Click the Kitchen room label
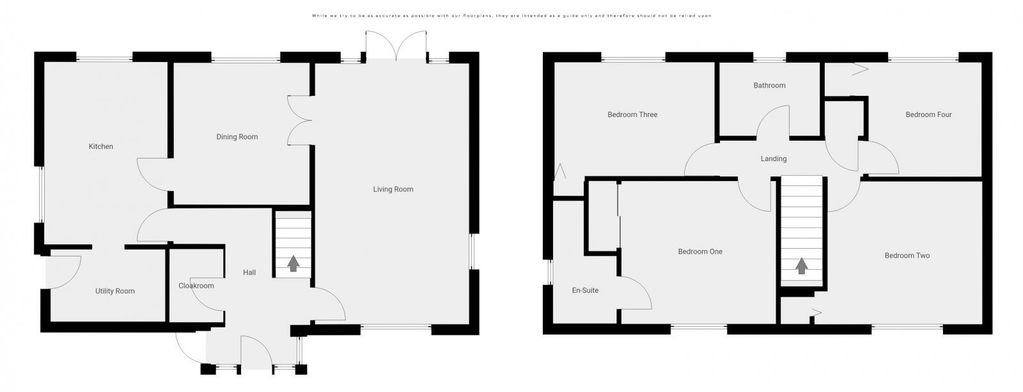click(101, 146)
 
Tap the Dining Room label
click(237, 137)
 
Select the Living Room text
click(393, 189)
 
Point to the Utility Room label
click(115, 291)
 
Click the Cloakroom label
click(196, 286)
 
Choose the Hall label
click(249, 272)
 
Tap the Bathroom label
click(769, 85)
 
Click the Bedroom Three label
click(632, 115)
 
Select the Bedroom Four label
click(928, 115)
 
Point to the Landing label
click(774, 159)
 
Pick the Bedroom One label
click(700, 252)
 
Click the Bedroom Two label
click(907, 256)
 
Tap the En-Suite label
click(585, 290)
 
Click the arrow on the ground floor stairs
click(293, 263)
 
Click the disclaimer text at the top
click(511, 15)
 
